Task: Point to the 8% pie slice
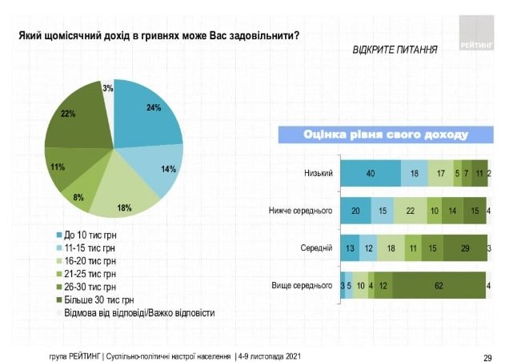79,193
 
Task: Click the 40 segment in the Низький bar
371,173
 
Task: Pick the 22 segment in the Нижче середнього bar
409,211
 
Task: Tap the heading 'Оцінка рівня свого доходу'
384,134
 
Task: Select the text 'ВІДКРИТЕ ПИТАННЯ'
395,50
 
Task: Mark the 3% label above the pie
107,89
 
